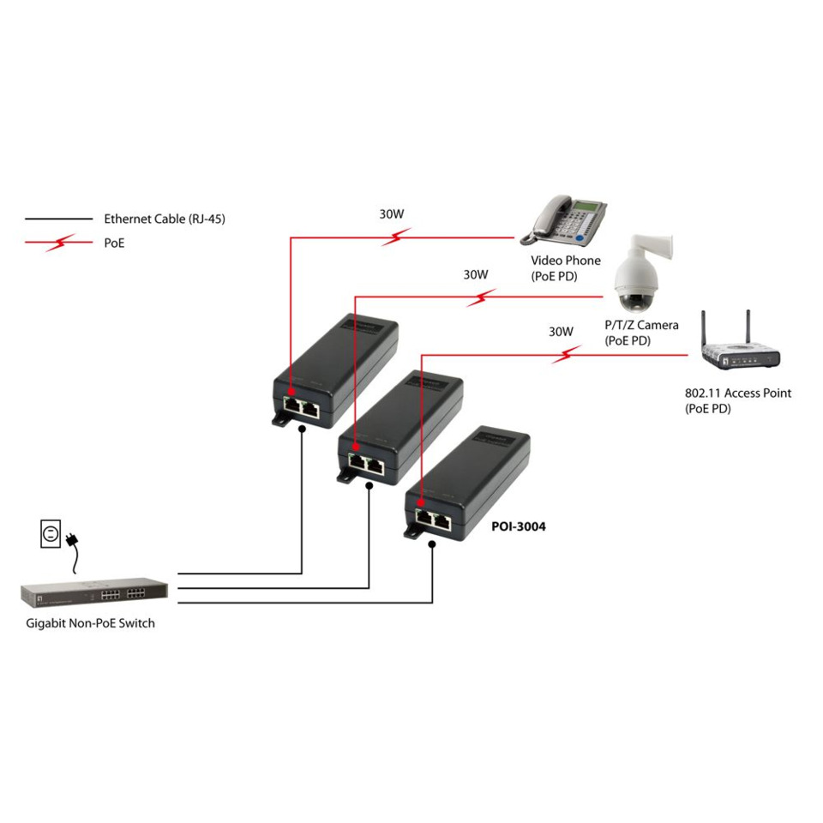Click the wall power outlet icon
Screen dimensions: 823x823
point(51,534)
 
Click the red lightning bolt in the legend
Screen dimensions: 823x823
point(58,243)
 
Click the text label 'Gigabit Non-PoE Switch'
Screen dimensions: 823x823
point(90,623)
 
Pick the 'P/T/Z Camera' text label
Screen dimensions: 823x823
point(641,325)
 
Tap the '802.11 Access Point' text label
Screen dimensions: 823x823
point(737,393)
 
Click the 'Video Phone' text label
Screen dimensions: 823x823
point(566,260)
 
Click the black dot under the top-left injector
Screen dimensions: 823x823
point(302,433)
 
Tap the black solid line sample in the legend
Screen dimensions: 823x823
point(58,219)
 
